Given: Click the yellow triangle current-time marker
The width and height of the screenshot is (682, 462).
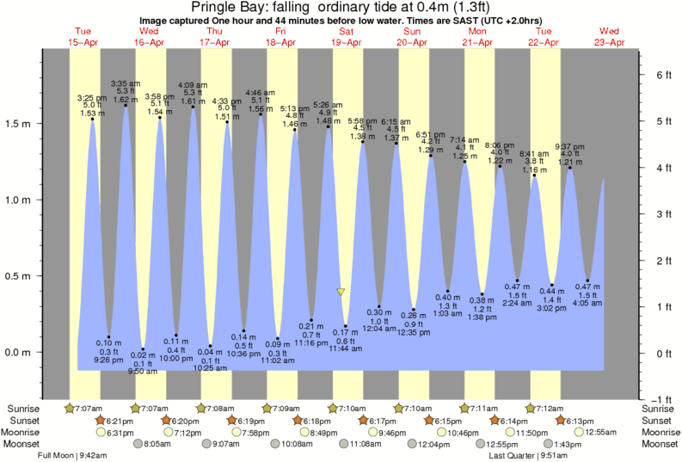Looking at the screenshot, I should pyautogui.click(x=341, y=293).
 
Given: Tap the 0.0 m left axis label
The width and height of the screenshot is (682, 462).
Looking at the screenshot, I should pyautogui.click(x=19, y=353).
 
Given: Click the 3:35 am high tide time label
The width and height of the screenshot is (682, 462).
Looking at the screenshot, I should pyautogui.click(x=126, y=83).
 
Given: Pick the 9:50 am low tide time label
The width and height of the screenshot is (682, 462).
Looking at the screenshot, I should pyautogui.click(x=143, y=372).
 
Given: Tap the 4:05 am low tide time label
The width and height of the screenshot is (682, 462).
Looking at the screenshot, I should pyautogui.click(x=587, y=303).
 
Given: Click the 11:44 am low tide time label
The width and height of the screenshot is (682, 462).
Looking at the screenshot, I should pyautogui.click(x=345, y=348).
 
